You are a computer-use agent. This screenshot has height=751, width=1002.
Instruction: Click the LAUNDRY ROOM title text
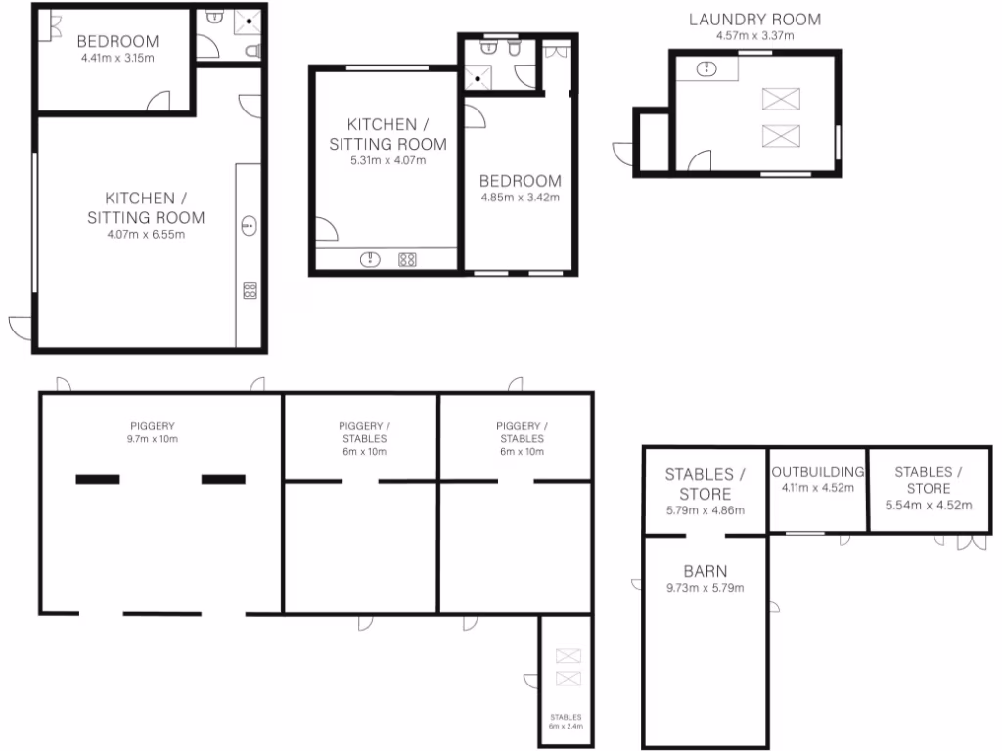[753, 19]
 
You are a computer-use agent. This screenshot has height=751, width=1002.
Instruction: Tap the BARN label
[705, 571]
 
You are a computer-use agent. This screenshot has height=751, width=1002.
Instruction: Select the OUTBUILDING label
[818, 471]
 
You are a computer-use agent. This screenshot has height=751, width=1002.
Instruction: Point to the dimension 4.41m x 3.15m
[117, 58]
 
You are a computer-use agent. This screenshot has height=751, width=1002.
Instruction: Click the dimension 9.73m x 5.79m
[705, 588]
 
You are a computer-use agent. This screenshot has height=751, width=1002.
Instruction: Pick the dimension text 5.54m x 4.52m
[928, 506]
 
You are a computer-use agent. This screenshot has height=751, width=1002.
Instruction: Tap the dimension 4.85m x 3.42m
[520, 198]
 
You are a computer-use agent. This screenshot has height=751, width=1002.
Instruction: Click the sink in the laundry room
[707, 69]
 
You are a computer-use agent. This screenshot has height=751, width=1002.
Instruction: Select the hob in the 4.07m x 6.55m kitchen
[249, 289]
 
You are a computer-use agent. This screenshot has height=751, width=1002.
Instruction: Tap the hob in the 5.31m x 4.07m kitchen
[407, 260]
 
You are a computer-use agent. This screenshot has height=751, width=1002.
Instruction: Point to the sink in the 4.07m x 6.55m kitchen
[249, 226]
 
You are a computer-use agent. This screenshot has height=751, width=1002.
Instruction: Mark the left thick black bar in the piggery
[98, 479]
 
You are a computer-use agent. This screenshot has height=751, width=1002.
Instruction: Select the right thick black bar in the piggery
[223, 479]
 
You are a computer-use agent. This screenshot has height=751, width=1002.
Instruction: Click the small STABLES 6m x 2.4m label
[565, 721]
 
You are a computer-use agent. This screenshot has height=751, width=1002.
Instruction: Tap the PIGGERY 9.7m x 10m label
[154, 432]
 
